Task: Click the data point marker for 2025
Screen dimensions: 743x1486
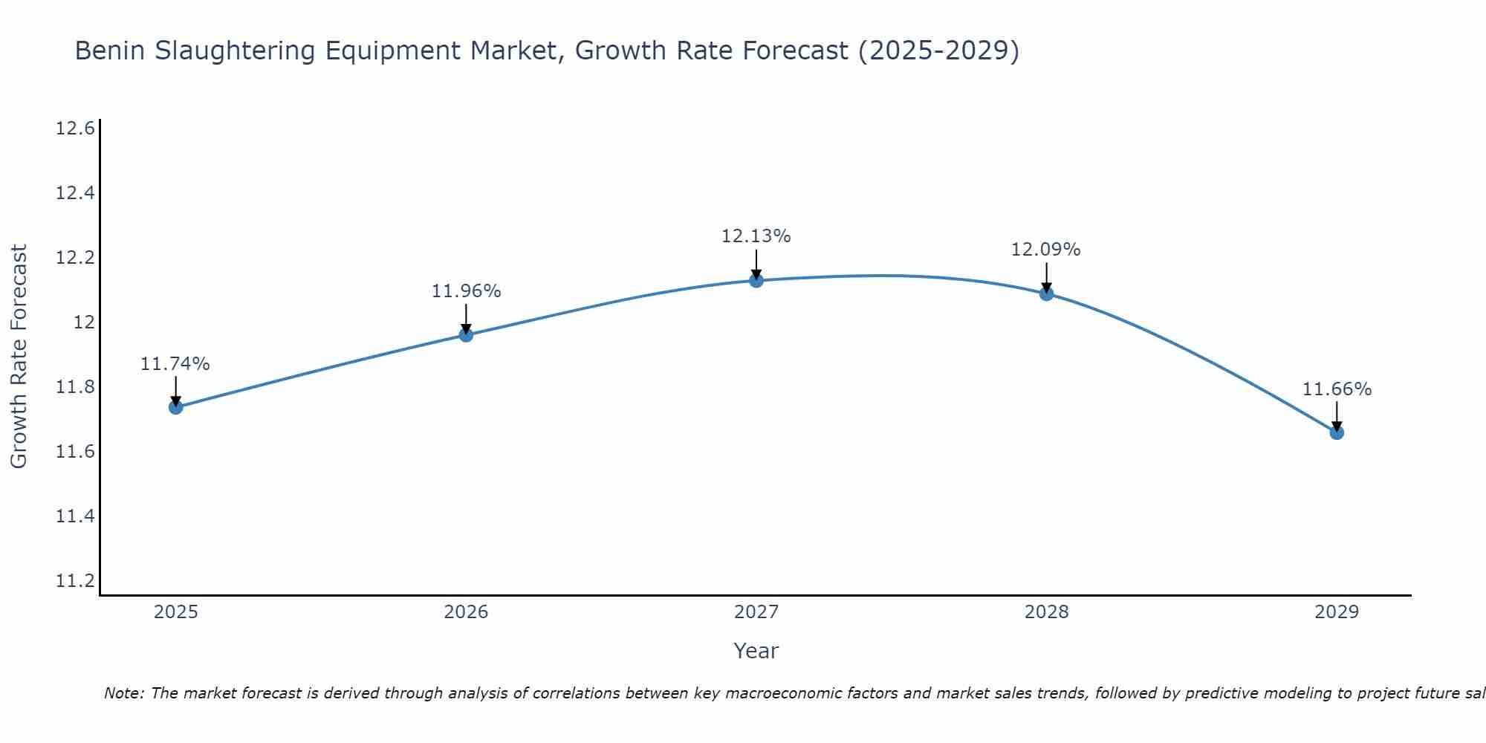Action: point(176,407)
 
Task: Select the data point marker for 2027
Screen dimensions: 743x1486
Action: point(756,280)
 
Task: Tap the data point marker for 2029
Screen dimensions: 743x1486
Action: point(1337,432)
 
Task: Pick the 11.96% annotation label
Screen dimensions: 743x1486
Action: point(466,291)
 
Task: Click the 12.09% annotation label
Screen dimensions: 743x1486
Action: point(1045,250)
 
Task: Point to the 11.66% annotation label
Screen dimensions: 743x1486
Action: point(1337,389)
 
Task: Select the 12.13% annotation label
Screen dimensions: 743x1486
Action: point(756,236)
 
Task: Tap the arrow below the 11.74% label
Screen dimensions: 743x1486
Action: point(176,391)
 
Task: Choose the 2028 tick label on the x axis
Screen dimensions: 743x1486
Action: point(1046,612)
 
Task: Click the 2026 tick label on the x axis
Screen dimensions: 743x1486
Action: point(466,612)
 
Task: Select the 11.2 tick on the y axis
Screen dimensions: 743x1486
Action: point(75,581)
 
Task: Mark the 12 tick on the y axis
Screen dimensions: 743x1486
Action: point(84,322)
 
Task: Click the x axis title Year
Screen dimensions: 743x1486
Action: point(756,651)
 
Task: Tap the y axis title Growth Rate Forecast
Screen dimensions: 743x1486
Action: point(19,357)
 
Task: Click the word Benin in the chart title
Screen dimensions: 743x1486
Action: point(110,51)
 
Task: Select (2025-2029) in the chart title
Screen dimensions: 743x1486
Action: point(938,51)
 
